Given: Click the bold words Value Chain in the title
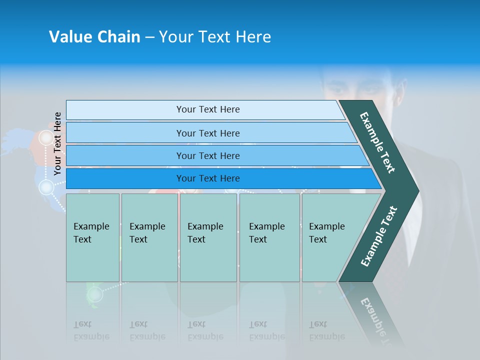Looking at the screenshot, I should click(x=94, y=37).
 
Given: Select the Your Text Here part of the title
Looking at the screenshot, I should click(x=215, y=37).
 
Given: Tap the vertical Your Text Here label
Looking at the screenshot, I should click(x=57, y=143).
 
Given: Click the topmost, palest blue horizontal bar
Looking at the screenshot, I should click(x=207, y=109).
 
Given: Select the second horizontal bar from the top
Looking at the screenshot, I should click(x=207, y=133).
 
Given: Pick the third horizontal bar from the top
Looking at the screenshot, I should click(x=207, y=155).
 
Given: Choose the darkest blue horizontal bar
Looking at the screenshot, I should click(x=207, y=178).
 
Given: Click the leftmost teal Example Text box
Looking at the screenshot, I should click(x=92, y=237).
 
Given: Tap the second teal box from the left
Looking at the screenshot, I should click(x=149, y=237).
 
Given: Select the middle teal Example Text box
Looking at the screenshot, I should click(x=208, y=237).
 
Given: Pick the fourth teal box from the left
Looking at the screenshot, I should click(x=269, y=237).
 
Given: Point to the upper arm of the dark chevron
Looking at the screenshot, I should click(x=377, y=142).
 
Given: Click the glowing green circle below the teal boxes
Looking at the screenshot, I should click(x=94, y=294).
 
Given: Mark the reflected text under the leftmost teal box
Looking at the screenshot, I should click(x=91, y=330).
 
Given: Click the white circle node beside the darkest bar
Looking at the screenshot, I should click(x=46, y=187).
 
